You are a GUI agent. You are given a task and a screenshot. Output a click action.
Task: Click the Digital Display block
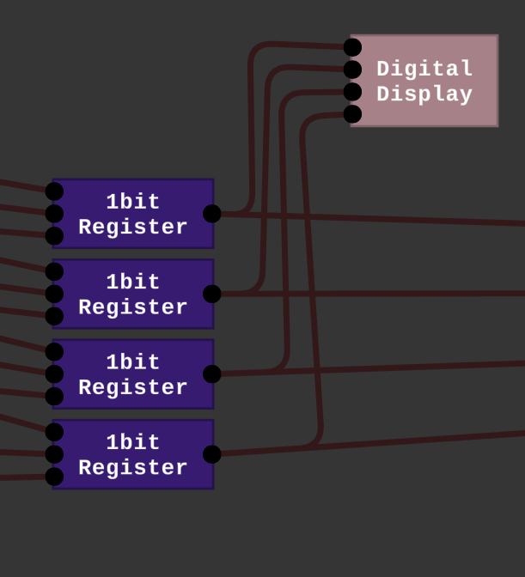pos(424,81)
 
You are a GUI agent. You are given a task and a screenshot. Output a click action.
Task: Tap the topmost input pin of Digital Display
pos(352,47)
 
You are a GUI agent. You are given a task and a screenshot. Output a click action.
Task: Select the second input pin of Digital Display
pos(352,70)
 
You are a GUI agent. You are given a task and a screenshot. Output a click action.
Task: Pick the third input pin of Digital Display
pos(352,92)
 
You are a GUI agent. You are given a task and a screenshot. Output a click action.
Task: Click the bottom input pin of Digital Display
pos(352,114)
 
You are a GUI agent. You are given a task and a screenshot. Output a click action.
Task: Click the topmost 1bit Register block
pos(133,214)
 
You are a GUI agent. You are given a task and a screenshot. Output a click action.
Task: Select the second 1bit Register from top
pos(133,294)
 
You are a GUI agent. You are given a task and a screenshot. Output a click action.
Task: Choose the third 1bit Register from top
pos(133,374)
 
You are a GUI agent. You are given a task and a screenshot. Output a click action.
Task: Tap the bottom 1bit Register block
pos(133,454)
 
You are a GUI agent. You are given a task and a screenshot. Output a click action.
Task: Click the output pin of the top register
pos(212,214)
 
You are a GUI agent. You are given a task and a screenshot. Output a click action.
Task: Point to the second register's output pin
pos(212,294)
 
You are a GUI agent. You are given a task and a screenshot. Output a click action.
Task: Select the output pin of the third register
pos(212,374)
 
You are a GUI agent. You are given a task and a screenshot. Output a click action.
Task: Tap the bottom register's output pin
pos(212,454)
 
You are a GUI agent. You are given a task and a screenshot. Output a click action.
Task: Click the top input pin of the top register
pos(54,191)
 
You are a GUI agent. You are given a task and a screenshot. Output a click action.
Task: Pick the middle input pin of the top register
pos(54,214)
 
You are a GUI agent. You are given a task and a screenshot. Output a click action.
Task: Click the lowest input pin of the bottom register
pos(54,477)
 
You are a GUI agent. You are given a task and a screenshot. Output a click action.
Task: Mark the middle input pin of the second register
pos(54,294)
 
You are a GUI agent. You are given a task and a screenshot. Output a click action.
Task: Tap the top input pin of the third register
pos(54,352)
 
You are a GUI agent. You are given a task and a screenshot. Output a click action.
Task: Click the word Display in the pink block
pos(424,94)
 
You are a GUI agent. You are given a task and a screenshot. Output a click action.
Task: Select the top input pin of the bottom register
pos(54,432)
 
